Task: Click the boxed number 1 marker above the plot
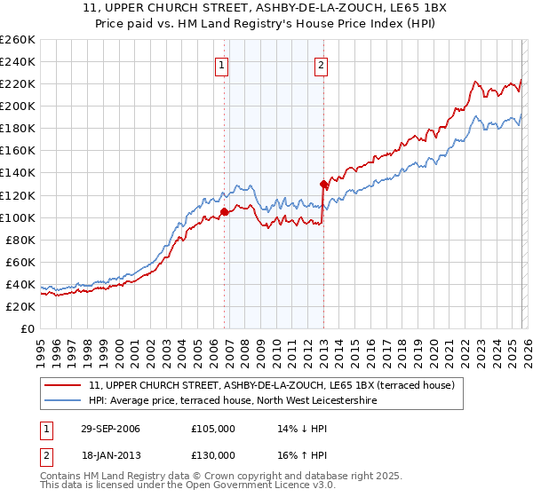pos(220,64)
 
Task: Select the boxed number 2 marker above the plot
pos(320,64)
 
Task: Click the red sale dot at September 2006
pos(224,211)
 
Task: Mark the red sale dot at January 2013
pos(323,184)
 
